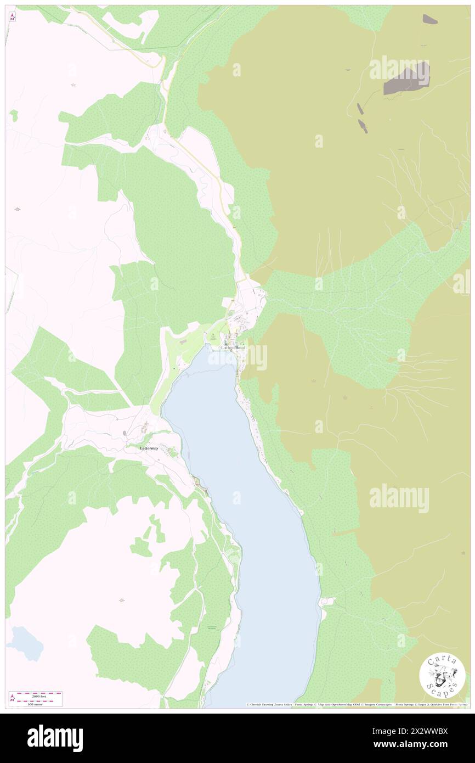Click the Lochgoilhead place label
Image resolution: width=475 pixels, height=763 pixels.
point(234,348)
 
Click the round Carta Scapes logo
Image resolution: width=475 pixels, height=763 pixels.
point(442,676)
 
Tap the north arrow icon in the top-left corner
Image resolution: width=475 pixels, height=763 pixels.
point(13,17)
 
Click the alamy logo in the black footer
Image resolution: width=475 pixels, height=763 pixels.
point(55,738)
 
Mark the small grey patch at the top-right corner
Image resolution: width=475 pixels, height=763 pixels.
point(429,19)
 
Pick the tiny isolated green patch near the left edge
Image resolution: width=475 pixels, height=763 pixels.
point(14,115)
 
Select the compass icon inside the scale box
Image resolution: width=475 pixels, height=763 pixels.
point(13,698)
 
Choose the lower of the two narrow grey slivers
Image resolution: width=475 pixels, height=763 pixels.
point(363,126)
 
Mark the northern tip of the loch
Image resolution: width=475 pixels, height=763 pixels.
point(219,351)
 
